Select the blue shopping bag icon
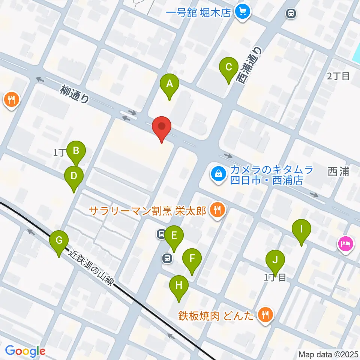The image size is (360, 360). (x=217, y=174)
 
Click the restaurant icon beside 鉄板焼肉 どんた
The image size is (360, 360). (x=266, y=315)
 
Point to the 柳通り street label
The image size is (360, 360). (x=75, y=94)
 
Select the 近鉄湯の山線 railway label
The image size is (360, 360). (x=91, y=268)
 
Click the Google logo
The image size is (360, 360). (x=25, y=351)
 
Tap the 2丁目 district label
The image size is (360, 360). (x=338, y=76)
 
